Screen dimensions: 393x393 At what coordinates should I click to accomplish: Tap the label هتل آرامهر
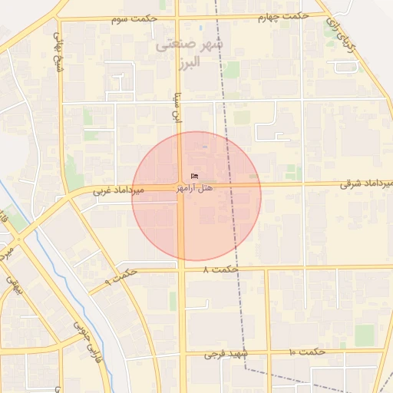[x=194, y=188]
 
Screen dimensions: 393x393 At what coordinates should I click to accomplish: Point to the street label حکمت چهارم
[x=283, y=15]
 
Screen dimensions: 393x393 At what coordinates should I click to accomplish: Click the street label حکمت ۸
[x=222, y=269]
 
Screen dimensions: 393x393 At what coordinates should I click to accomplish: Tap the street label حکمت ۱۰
[x=307, y=352]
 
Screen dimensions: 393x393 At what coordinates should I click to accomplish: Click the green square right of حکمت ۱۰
[x=365, y=334]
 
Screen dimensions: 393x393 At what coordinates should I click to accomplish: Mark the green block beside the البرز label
[x=231, y=70]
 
